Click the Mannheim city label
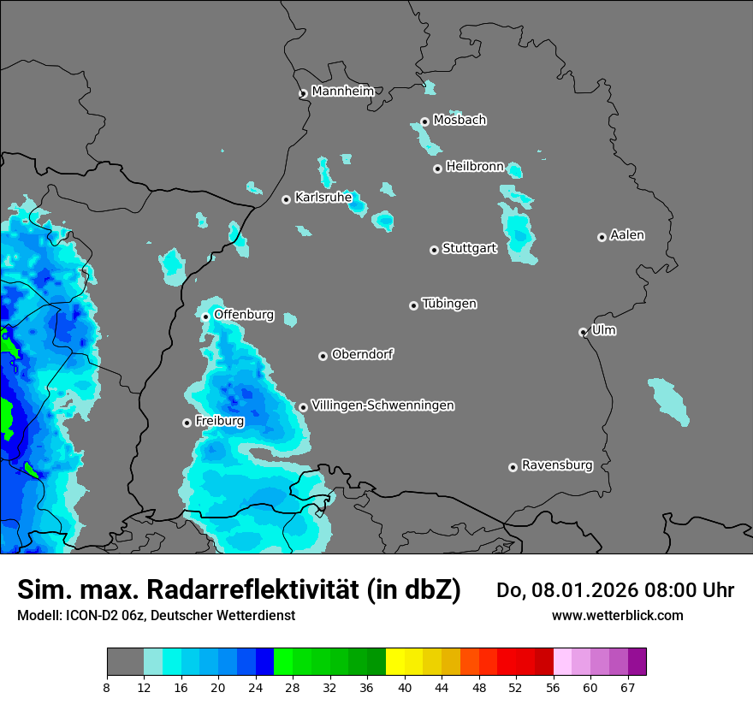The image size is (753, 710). [343, 91]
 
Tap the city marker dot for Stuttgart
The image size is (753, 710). [435, 250]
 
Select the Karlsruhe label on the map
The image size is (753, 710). [323, 198]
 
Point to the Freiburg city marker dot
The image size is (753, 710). [187, 423]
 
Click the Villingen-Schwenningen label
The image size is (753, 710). [382, 405]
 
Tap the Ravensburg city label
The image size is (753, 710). [557, 465]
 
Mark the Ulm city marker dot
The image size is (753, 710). [584, 332]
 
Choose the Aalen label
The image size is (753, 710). [627, 235]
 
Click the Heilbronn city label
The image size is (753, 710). [475, 167]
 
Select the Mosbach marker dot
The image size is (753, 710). [424, 121]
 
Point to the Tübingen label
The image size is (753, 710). [449, 304]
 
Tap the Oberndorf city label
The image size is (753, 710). [363, 354]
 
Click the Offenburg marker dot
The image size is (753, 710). [205, 317]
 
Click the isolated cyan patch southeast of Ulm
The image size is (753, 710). [667, 400]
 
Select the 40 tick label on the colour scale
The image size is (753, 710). [405, 687]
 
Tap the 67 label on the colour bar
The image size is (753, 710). [627, 687]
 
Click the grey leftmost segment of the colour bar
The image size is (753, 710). [125, 662]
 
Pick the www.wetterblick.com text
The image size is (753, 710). [617, 615]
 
